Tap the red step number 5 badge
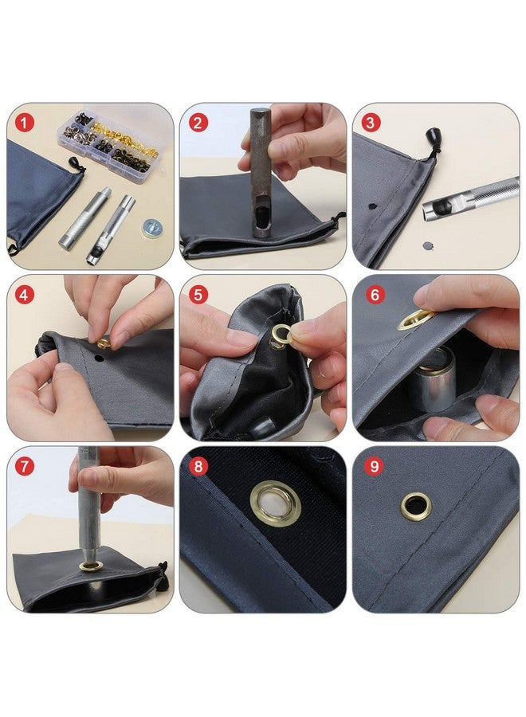pos(198,295)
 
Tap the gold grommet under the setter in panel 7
pos(91,566)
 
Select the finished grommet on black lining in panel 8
pos(275,503)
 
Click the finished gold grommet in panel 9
pos(415,505)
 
